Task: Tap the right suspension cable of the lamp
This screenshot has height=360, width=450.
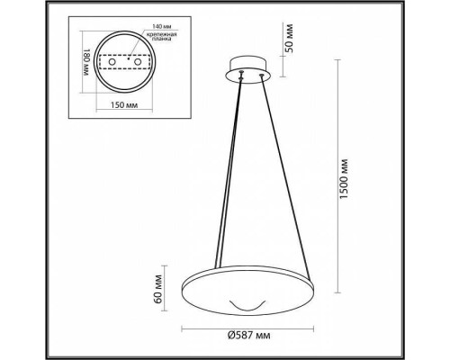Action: pos(279,180)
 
